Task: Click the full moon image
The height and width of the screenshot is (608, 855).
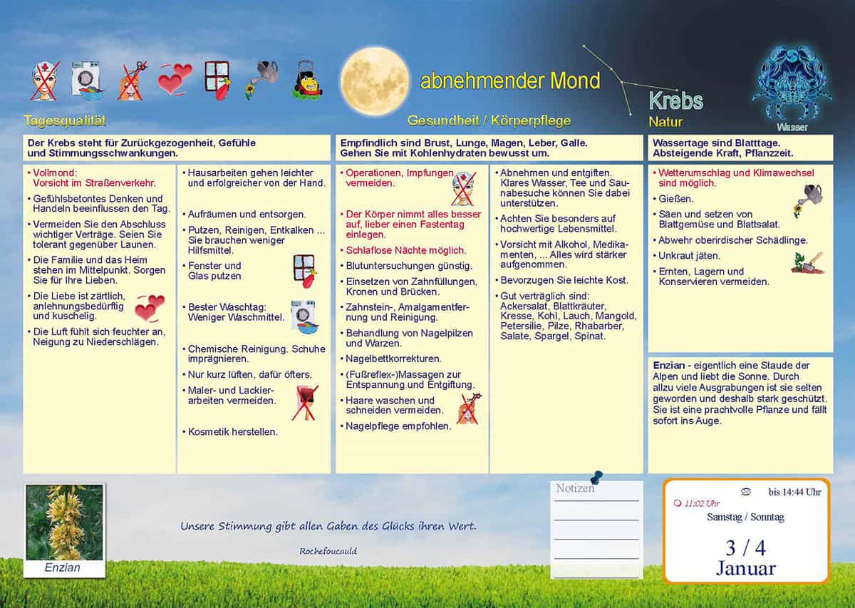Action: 374,81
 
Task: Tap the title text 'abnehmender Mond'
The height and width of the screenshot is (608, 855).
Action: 510,81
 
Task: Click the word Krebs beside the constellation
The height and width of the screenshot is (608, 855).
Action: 675,101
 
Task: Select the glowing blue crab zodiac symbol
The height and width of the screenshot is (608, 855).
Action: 792,82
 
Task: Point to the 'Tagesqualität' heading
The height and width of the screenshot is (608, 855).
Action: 65,120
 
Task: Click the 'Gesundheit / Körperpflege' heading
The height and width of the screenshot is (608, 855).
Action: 489,120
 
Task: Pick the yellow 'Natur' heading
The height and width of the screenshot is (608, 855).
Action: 665,122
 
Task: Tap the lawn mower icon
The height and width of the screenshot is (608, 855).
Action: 307,80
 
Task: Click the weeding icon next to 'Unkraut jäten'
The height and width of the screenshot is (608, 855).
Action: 807,262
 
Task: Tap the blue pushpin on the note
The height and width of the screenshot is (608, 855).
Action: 596,476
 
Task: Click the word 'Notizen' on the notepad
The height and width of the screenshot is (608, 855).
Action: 575,488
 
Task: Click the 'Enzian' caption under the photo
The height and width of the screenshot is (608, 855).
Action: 63,568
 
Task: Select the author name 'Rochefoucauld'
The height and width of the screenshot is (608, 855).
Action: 328,551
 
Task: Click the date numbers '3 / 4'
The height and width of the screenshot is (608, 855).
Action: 745,547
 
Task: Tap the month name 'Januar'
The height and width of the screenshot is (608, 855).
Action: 745,568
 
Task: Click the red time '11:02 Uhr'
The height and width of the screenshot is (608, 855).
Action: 701,503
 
